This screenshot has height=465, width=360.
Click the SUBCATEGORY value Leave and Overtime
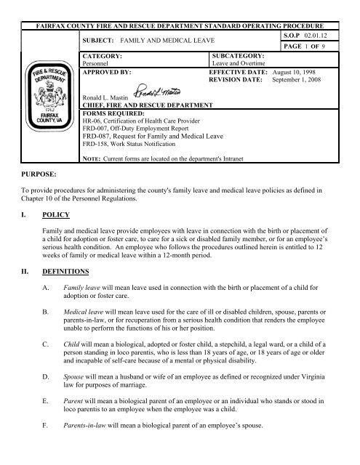[237, 63]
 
